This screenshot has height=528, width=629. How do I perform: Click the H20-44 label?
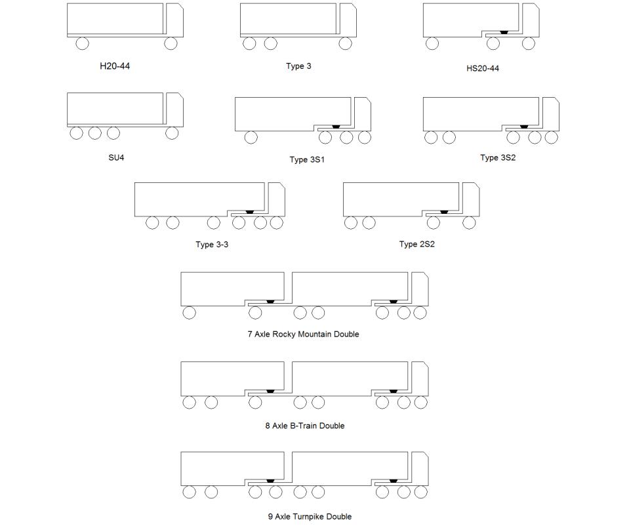115,66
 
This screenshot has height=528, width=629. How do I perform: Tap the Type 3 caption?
298,66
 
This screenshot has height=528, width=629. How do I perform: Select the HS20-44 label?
483,68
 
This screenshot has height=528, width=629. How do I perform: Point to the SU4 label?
116,157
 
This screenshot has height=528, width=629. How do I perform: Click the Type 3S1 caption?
307,159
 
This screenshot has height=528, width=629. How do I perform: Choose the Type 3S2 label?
498,157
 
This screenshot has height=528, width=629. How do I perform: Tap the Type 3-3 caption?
212,245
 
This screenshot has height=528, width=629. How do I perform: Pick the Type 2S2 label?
416,244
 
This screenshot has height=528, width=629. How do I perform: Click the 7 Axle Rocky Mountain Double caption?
303,335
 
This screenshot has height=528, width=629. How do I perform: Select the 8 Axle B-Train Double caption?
305,426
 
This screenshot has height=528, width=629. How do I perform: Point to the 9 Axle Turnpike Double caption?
310,516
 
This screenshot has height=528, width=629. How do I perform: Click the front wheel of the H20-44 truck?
171,43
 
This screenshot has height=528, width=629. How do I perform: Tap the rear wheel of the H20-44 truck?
82,43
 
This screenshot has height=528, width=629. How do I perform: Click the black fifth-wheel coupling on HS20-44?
504,32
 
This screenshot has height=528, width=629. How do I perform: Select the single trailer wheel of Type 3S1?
251,138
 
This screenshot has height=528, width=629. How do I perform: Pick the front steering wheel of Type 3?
346,43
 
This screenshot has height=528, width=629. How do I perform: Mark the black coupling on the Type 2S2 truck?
444,212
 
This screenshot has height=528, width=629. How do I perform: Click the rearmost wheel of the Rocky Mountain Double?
190,313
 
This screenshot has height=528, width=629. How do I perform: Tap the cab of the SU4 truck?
175,110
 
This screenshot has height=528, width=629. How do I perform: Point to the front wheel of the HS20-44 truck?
528,43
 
